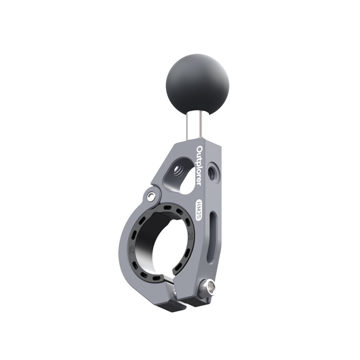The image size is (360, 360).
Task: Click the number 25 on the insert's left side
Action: (132, 249)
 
